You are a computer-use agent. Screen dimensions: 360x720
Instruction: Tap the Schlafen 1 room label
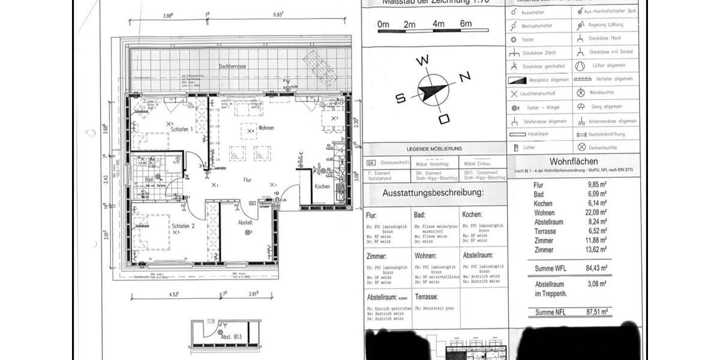point(181,129)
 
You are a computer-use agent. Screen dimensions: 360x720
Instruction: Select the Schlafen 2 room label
point(183,226)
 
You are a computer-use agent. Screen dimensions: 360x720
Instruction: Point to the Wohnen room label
point(266,128)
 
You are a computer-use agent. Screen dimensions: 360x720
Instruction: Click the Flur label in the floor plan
point(247,179)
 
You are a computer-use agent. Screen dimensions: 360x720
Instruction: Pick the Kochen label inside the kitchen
point(322,187)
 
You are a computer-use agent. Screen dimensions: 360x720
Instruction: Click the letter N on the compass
point(464,77)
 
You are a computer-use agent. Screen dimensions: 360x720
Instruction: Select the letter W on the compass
point(424,60)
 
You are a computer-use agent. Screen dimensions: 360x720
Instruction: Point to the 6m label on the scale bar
point(466,25)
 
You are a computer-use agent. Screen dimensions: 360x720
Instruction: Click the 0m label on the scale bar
point(384,25)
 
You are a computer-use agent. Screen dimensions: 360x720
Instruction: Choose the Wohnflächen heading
point(573,161)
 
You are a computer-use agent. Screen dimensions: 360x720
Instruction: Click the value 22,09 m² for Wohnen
point(597,212)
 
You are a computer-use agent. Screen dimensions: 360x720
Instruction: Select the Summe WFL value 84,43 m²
point(597,268)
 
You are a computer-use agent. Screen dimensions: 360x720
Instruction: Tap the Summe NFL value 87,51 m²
point(597,312)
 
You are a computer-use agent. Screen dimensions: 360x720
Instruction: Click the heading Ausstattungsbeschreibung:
point(433,193)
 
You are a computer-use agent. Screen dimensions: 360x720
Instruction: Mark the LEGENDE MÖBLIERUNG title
point(434,149)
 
